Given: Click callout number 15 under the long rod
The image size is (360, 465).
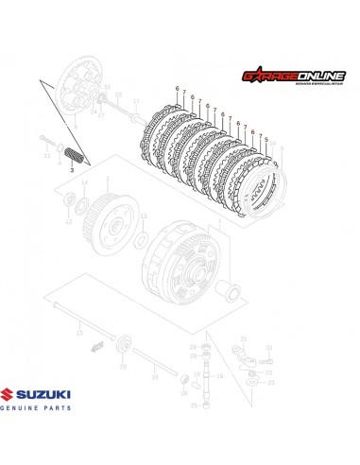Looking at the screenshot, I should [79, 333].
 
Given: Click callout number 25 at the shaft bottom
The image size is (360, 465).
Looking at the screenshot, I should [195, 405].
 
